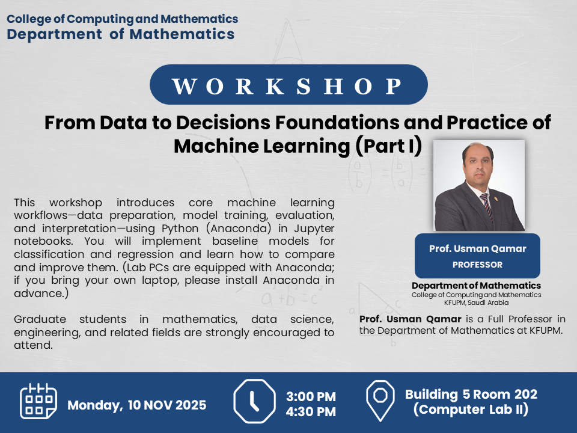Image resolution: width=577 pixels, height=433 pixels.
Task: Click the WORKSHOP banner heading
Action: click(287, 86)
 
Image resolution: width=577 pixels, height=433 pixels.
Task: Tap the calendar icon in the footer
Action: click(38, 401)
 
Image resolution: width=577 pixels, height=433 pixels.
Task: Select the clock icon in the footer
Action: click(254, 401)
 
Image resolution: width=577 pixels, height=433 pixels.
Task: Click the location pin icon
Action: click(380, 401)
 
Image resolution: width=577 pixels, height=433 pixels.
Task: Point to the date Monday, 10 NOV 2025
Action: click(137, 405)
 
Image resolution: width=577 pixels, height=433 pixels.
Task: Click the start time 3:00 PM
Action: click(311, 396)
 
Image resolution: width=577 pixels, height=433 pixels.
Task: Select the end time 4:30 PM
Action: click(311, 411)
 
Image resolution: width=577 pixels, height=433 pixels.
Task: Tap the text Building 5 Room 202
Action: click(471, 395)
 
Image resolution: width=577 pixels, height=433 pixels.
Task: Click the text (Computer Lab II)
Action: click(471, 410)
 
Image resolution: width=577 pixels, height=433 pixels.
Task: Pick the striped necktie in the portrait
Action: click(486, 206)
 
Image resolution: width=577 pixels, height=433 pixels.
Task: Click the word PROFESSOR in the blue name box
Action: click(477, 265)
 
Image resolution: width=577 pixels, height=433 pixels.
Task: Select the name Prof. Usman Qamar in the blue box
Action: click(478, 249)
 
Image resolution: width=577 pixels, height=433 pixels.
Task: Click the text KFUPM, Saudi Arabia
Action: click(476, 302)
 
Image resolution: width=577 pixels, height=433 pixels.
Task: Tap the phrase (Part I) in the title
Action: click(389, 146)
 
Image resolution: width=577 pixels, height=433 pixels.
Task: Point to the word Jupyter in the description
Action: click(314, 229)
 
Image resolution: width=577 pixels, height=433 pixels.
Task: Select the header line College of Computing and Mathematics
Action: click(123, 19)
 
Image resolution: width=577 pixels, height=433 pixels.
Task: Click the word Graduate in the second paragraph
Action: click(40, 319)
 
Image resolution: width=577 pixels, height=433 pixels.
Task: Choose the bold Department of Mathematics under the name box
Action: click(476, 286)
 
